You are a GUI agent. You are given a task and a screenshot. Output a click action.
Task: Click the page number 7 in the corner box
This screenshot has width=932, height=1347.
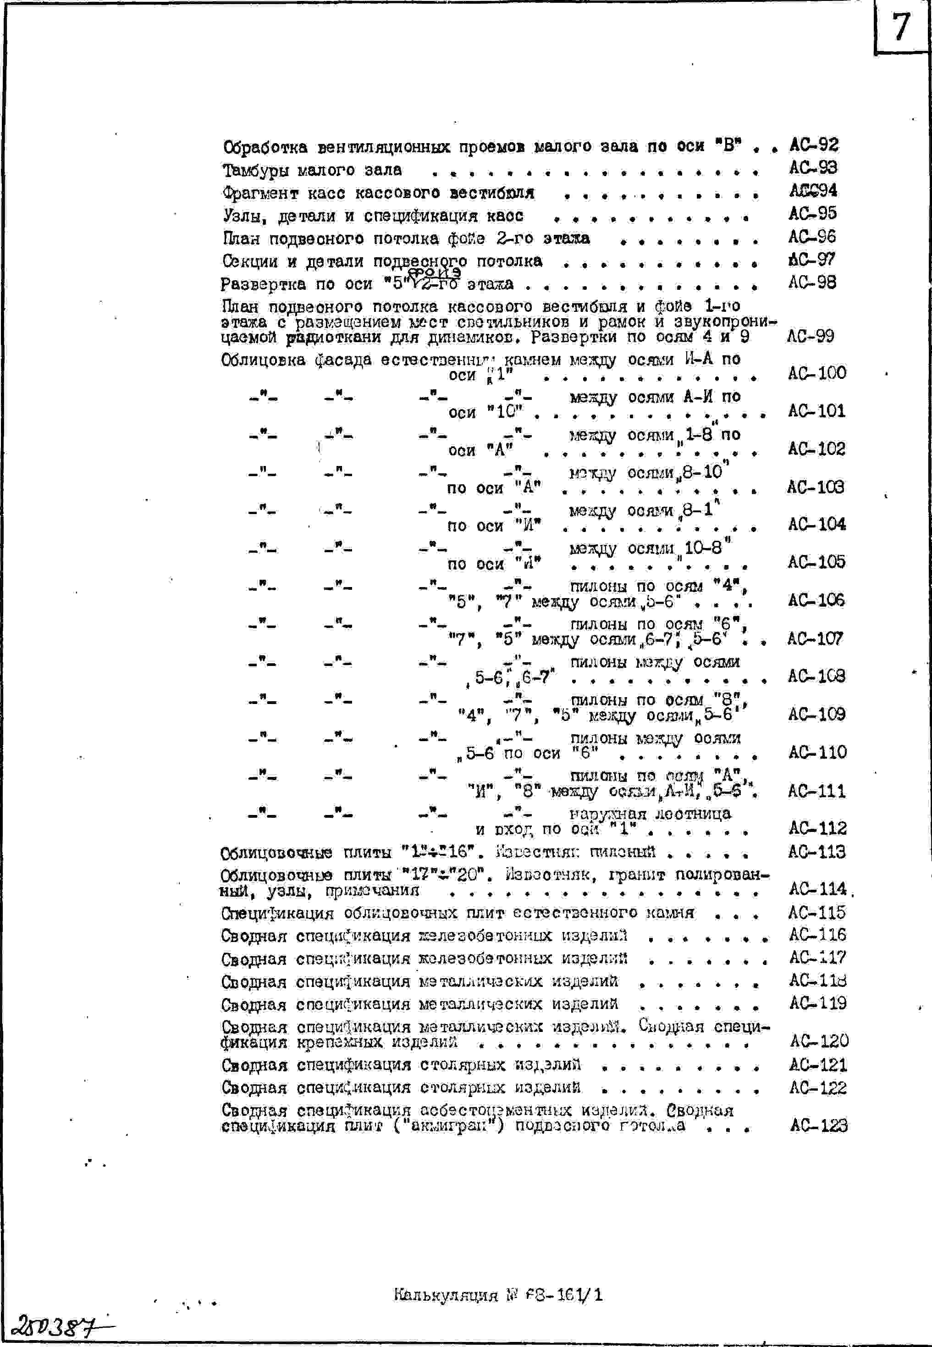click(x=901, y=27)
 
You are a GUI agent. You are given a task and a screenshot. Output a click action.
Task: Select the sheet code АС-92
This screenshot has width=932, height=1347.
click(x=814, y=144)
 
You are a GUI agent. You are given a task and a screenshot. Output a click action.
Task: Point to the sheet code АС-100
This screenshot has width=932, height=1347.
click(x=817, y=373)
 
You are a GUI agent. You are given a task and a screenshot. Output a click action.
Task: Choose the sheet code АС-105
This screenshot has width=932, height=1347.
click(x=816, y=561)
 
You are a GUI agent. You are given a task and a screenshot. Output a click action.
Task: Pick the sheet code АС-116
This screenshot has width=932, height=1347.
click(x=817, y=935)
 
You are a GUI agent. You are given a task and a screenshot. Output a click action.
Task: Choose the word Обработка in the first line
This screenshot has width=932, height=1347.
click(x=265, y=147)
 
